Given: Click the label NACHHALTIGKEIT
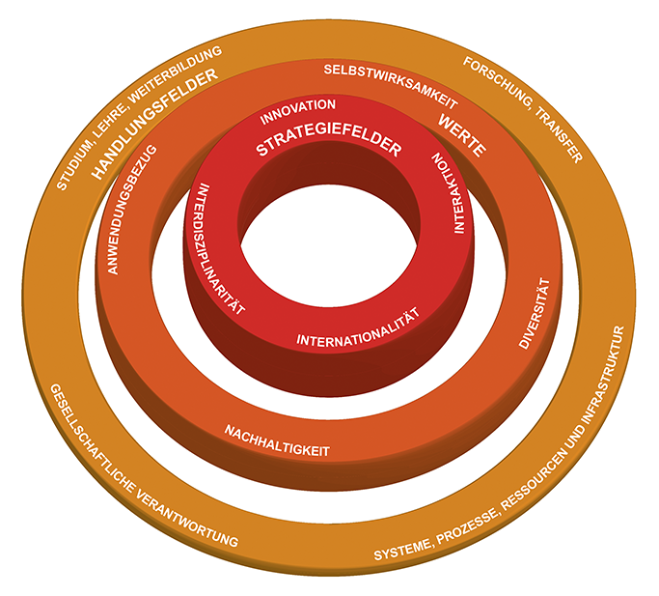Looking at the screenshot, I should (x=278, y=440).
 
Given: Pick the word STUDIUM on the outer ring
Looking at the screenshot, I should (x=76, y=159).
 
